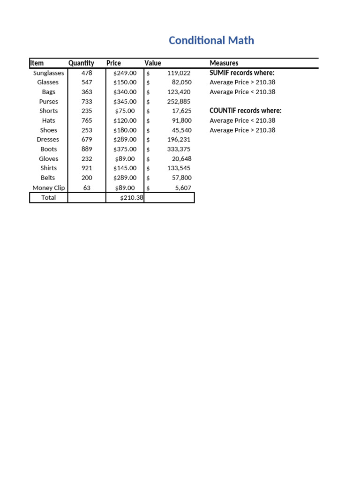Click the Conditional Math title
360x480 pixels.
tap(211, 41)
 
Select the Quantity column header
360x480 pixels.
tap(81, 63)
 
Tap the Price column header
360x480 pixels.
tap(113, 63)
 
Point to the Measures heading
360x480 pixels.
tap(224, 63)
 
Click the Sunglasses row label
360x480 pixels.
tap(49, 73)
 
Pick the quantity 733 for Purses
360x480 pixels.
tap(87, 101)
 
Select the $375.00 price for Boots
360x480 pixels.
tap(125, 149)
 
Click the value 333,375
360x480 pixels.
tap(179, 149)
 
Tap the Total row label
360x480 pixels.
tap(48, 197)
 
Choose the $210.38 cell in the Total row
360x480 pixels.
tap(131, 197)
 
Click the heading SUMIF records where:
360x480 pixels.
tap(242, 73)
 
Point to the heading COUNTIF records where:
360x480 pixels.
tap(245, 111)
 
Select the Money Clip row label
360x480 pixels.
tap(49, 187)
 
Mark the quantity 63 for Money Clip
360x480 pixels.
tap(87, 187)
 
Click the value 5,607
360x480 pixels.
tap(183, 187)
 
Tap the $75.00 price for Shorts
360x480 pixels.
tap(125, 111)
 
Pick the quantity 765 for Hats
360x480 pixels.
tap(87, 120)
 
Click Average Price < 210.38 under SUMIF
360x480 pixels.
tap(242, 92)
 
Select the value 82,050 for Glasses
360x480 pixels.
tap(181, 82)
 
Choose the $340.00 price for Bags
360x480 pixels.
tap(125, 92)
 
